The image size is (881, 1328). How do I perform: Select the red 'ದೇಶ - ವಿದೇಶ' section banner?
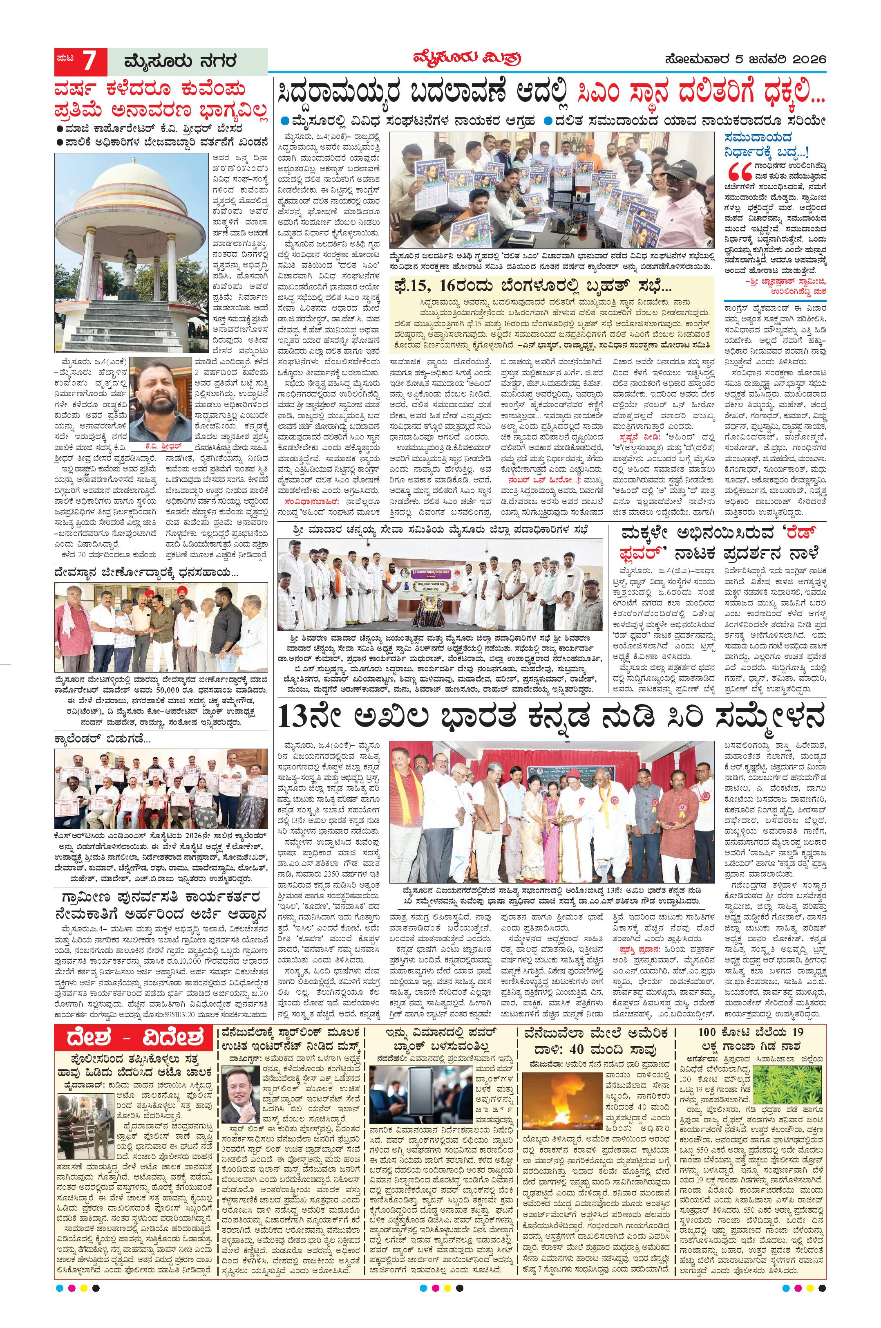click(x=134, y=1039)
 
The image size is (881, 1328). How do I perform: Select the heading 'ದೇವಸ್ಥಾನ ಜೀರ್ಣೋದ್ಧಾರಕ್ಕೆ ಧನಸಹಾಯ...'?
click(x=146, y=574)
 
